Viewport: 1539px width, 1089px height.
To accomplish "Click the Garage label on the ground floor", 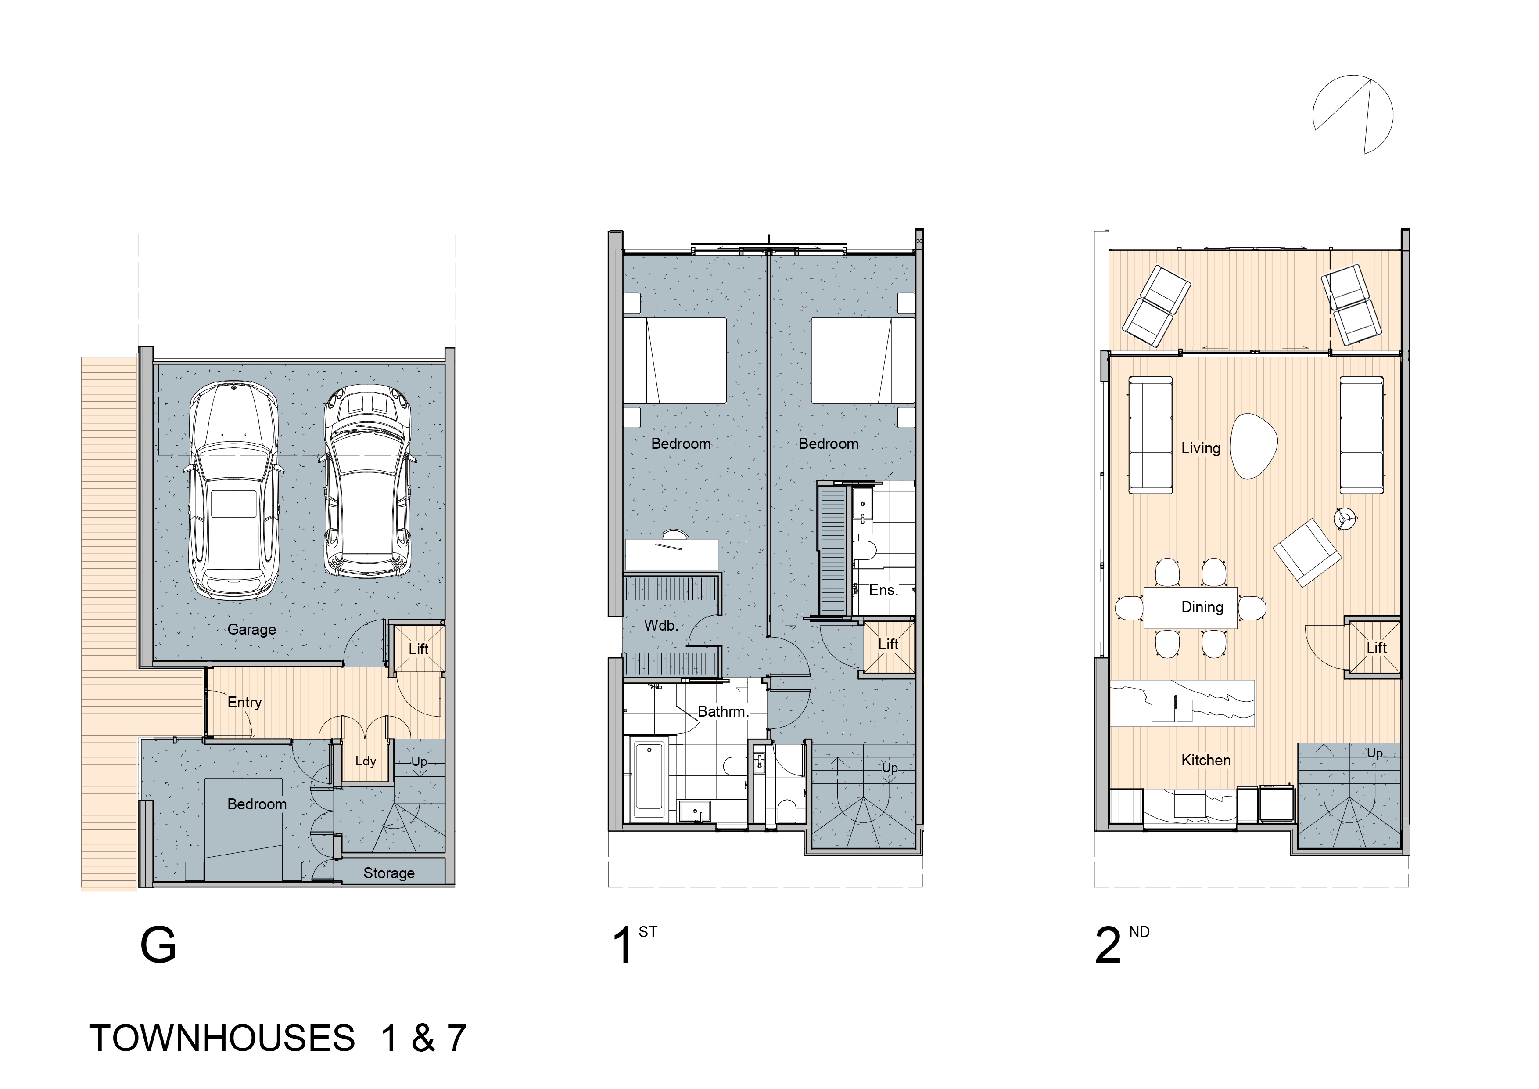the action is [x=251, y=630].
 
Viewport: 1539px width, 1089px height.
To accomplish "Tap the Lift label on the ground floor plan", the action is [x=418, y=649].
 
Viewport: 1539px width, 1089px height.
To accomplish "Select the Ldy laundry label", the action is [x=365, y=761].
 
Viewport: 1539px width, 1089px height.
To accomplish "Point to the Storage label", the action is [x=389, y=873].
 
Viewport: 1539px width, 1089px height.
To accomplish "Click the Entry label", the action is [x=244, y=703].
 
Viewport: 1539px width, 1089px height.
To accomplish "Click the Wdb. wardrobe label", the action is [x=661, y=626].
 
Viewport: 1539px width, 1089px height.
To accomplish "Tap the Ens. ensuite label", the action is [x=883, y=590].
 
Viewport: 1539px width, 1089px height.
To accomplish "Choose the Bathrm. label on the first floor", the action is [x=723, y=711].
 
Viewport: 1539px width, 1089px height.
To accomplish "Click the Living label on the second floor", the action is [x=1201, y=448].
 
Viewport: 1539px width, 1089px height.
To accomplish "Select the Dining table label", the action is [x=1202, y=607].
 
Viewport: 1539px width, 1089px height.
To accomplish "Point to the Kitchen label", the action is [x=1206, y=761].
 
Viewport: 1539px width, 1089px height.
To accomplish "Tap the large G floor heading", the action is [x=158, y=945].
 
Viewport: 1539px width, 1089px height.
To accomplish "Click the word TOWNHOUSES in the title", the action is [x=222, y=1038].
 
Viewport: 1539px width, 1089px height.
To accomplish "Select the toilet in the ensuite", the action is [x=865, y=551].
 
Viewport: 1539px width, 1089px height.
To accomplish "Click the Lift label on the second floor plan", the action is [x=1377, y=648].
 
